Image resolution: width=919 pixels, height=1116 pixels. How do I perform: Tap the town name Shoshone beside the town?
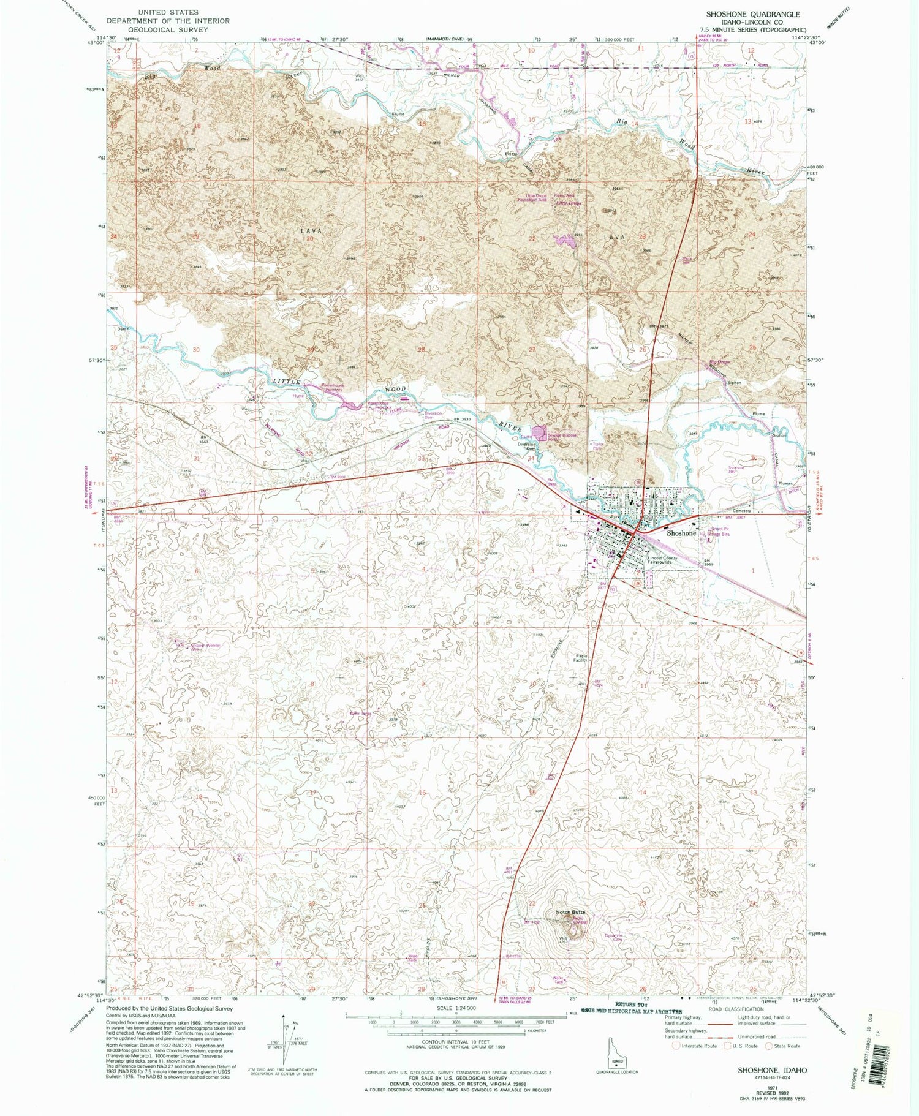pos(681,533)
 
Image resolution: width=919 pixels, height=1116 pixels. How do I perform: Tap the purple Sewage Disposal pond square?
pos(539,434)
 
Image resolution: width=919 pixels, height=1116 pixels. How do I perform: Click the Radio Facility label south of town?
pos(581,658)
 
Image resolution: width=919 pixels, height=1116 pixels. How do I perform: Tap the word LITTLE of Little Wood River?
pos(287,382)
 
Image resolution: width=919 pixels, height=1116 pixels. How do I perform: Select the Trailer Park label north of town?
pos(596,446)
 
